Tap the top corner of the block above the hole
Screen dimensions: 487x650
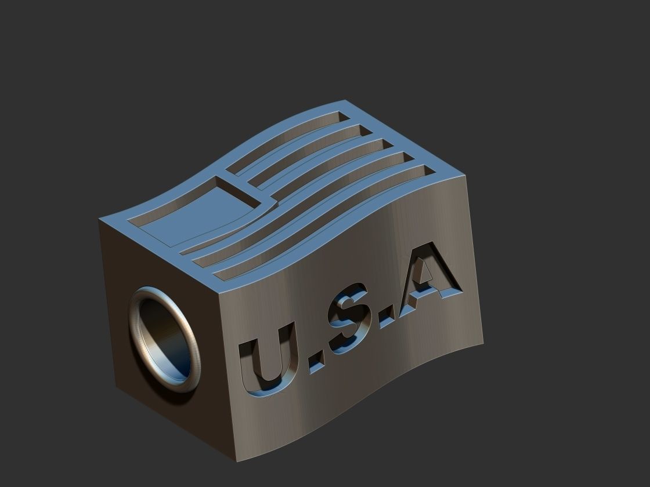tap(100, 219)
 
